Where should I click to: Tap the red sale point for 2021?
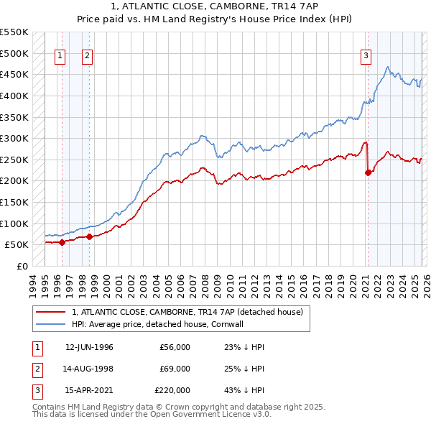pos(368,172)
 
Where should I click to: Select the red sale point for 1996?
pos(62,242)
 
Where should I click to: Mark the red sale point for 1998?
pos(89,236)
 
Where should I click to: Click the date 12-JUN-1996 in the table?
pos(89,347)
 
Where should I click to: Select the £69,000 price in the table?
pos(175,369)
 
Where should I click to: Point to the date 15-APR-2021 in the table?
pos(89,390)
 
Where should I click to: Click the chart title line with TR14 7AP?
pos(215,6)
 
